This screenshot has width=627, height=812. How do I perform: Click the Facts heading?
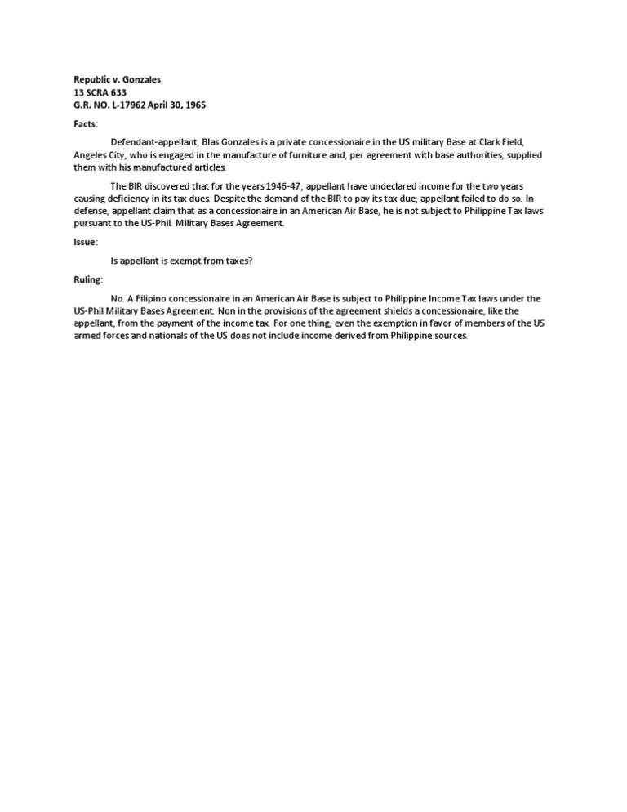point(85,124)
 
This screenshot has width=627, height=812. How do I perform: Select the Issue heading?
point(86,242)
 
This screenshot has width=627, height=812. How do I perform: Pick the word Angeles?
point(91,155)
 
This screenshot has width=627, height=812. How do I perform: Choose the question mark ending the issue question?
point(252,261)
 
